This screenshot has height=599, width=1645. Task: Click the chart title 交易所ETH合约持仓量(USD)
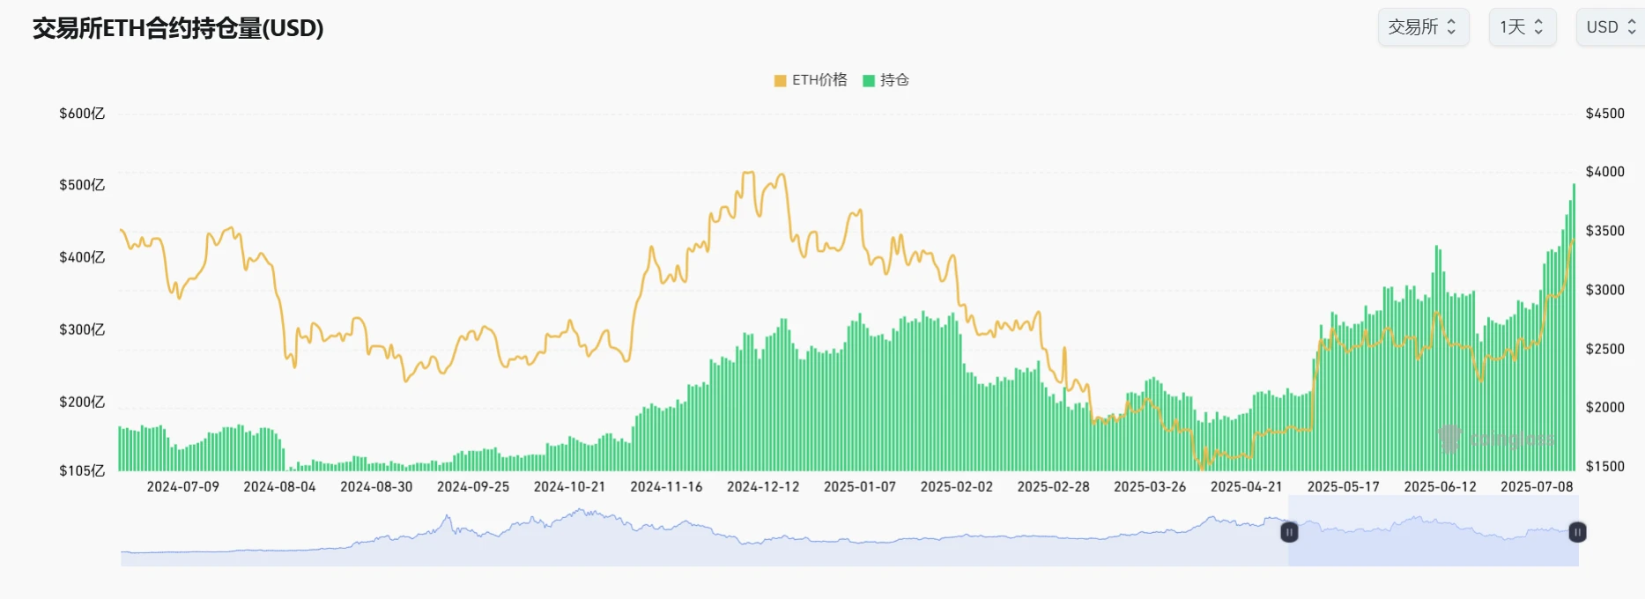point(178,28)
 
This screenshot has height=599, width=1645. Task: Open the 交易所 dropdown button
point(1422,27)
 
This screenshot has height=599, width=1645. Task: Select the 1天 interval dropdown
point(1522,27)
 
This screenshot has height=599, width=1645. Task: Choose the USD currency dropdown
point(1610,27)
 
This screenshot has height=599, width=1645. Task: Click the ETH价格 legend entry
point(811,80)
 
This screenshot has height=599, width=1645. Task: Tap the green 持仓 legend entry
point(886,80)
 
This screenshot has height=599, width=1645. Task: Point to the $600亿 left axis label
point(82,114)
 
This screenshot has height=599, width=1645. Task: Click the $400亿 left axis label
point(82,257)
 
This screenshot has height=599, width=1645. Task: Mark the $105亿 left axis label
point(82,470)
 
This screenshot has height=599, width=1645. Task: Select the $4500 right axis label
point(1604,114)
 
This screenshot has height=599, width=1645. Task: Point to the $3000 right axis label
point(1604,290)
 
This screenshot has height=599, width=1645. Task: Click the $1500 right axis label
point(1604,466)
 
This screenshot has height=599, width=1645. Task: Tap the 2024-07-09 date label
point(182,486)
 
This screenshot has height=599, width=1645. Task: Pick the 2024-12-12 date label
point(763,486)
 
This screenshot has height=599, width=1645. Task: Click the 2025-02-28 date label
point(1053,486)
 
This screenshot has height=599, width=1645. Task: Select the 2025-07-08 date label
point(1537,486)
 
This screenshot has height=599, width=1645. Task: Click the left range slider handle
point(1289,532)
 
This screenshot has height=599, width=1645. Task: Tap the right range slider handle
point(1577,532)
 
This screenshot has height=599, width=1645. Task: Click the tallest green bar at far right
point(1574,326)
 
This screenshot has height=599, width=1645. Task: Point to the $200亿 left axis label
point(82,402)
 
